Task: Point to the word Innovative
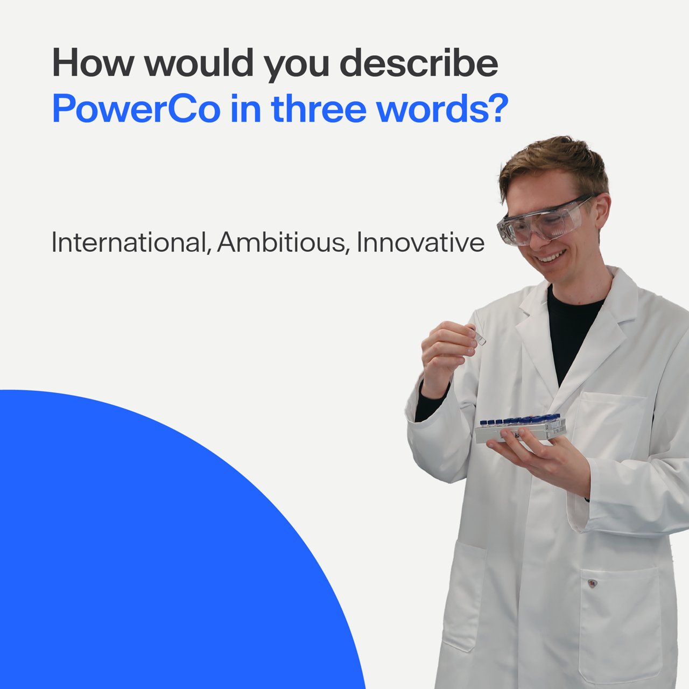point(421,242)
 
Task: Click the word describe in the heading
point(419,62)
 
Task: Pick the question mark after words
point(497,108)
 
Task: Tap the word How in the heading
point(94,63)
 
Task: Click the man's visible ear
point(602,215)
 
